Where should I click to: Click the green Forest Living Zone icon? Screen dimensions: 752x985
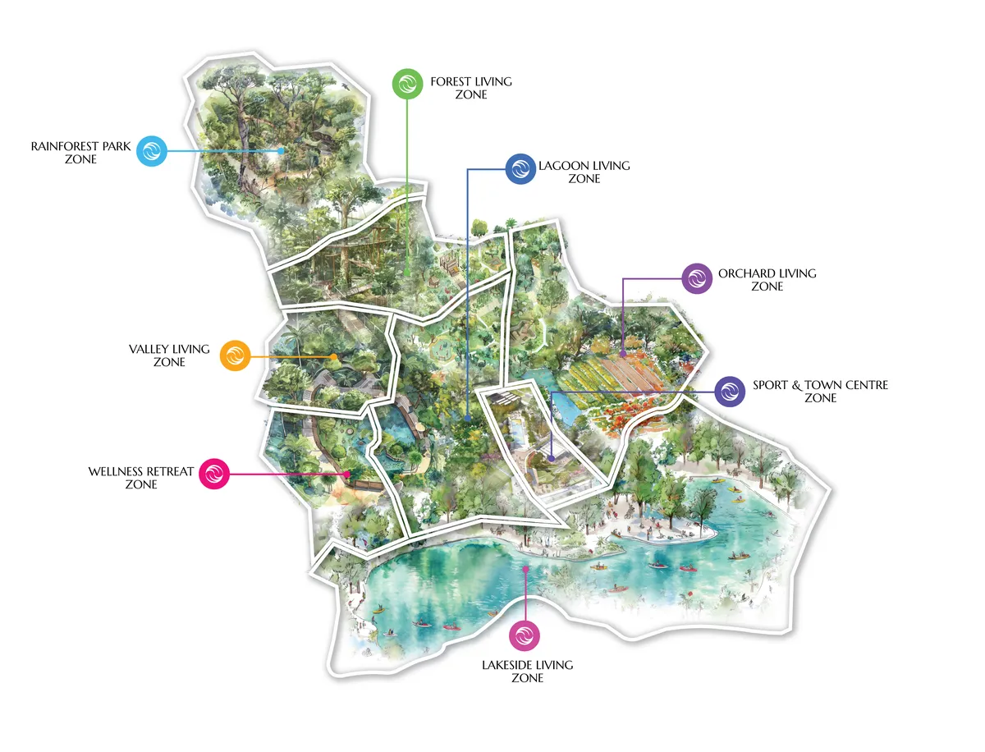click(x=408, y=84)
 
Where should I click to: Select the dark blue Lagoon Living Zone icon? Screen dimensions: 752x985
click(x=520, y=170)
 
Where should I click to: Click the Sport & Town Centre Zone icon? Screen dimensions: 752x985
click(x=730, y=392)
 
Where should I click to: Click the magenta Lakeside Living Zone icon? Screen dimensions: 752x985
click(x=525, y=636)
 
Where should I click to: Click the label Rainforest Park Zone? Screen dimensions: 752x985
click(x=80, y=153)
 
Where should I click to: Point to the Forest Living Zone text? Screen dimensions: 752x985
click(x=471, y=88)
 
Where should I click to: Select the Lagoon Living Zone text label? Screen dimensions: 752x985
click(x=584, y=172)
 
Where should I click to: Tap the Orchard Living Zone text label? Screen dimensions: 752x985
click(x=767, y=280)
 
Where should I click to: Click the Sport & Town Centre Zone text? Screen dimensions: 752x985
click(x=820, y=391)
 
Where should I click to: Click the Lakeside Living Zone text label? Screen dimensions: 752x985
click(x=527, y=672)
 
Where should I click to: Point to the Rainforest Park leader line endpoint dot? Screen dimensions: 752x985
click(x=282, y=151)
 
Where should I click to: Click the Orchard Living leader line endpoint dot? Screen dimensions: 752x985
click(x=623, y=354)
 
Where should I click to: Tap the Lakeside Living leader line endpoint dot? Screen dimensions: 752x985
click(x=525, y=567)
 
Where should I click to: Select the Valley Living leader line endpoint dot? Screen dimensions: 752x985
click(x=334, y=356)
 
